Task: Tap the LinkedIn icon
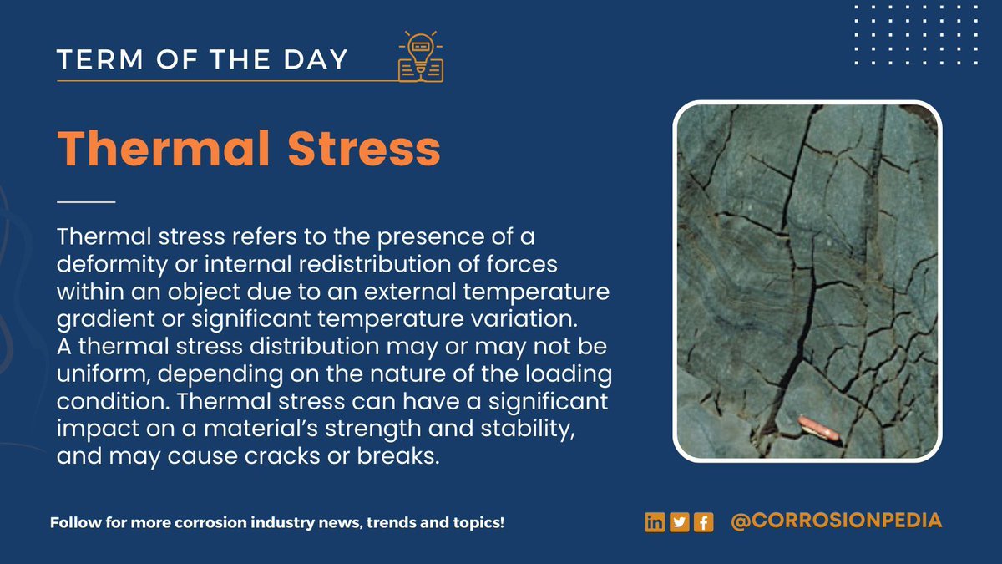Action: [655, 522]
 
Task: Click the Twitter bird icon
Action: [679, 522]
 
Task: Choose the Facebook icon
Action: [703, 522]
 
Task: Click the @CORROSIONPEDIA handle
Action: [836, 521]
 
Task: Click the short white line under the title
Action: [86, 201]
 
